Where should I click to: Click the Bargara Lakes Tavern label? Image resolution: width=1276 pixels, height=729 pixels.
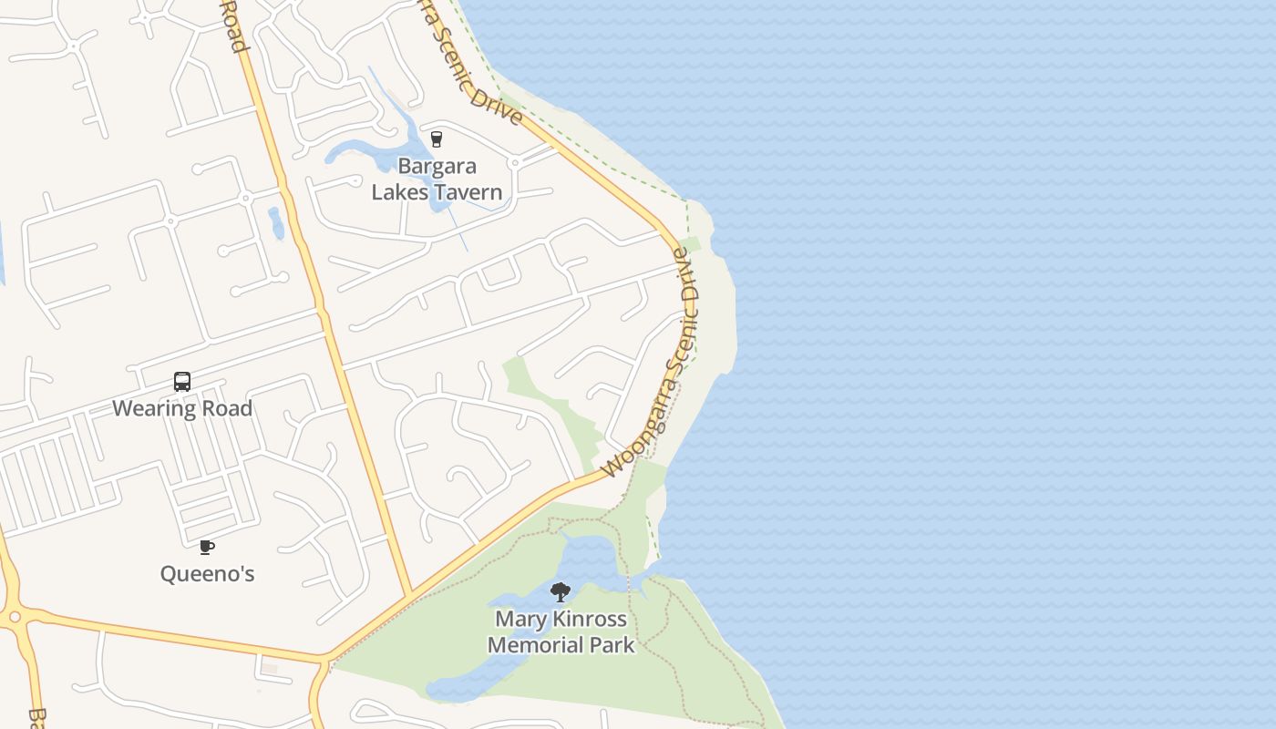tap(437, 180)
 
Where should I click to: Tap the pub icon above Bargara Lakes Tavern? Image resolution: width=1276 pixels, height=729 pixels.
tap(437, 139)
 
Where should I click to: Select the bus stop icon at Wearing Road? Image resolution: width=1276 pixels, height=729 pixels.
tap(182, 382)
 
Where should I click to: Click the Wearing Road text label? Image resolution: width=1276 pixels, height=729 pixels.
tap(182, 408)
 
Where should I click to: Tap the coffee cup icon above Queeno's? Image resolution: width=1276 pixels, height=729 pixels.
tap(207, 547)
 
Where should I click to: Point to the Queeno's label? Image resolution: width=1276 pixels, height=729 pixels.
tap(207, 574)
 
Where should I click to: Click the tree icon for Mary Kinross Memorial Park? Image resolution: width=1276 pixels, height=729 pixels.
tap(561, 592)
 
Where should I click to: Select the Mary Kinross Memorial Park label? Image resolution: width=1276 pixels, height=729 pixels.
tap(561, 631)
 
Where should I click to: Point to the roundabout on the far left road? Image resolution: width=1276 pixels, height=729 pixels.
tap(12, 618)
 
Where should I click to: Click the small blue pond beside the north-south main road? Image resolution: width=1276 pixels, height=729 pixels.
tap(276, 222)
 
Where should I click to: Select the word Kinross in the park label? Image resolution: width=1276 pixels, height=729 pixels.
tap(589, 620)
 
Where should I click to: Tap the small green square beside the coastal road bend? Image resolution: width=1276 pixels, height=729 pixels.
tap(690, 245)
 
